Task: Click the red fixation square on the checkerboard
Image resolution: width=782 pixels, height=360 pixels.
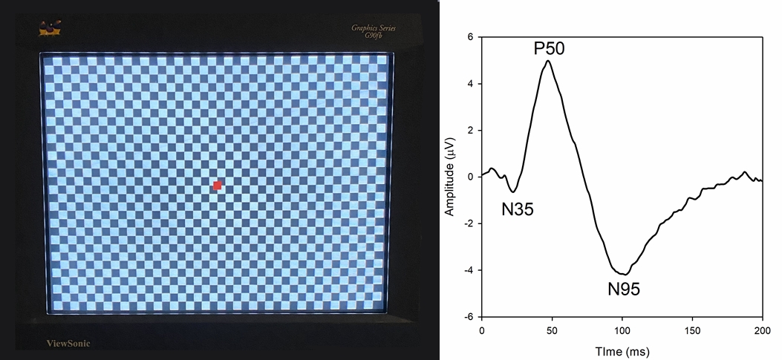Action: (x=218, y=185)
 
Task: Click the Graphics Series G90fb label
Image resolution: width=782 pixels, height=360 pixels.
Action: (x=374, y=31)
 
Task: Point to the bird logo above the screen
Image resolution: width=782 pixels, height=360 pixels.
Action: (x=50, y=30)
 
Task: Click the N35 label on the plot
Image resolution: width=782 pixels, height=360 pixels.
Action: (x=518, y=209)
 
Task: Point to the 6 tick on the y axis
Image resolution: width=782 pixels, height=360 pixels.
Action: (x=469, y=37)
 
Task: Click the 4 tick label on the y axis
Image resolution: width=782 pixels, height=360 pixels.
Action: (x=469, y=84)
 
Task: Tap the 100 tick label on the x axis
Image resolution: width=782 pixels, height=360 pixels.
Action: (x=622, y=329)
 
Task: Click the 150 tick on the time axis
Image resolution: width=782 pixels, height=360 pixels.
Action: (x=692, y=329)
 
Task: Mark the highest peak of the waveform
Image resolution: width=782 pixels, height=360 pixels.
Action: (x=548, y=61)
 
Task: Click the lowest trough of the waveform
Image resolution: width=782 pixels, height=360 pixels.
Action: (x=626, y=275)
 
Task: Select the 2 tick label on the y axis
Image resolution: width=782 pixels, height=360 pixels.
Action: (x=469, y=131)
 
